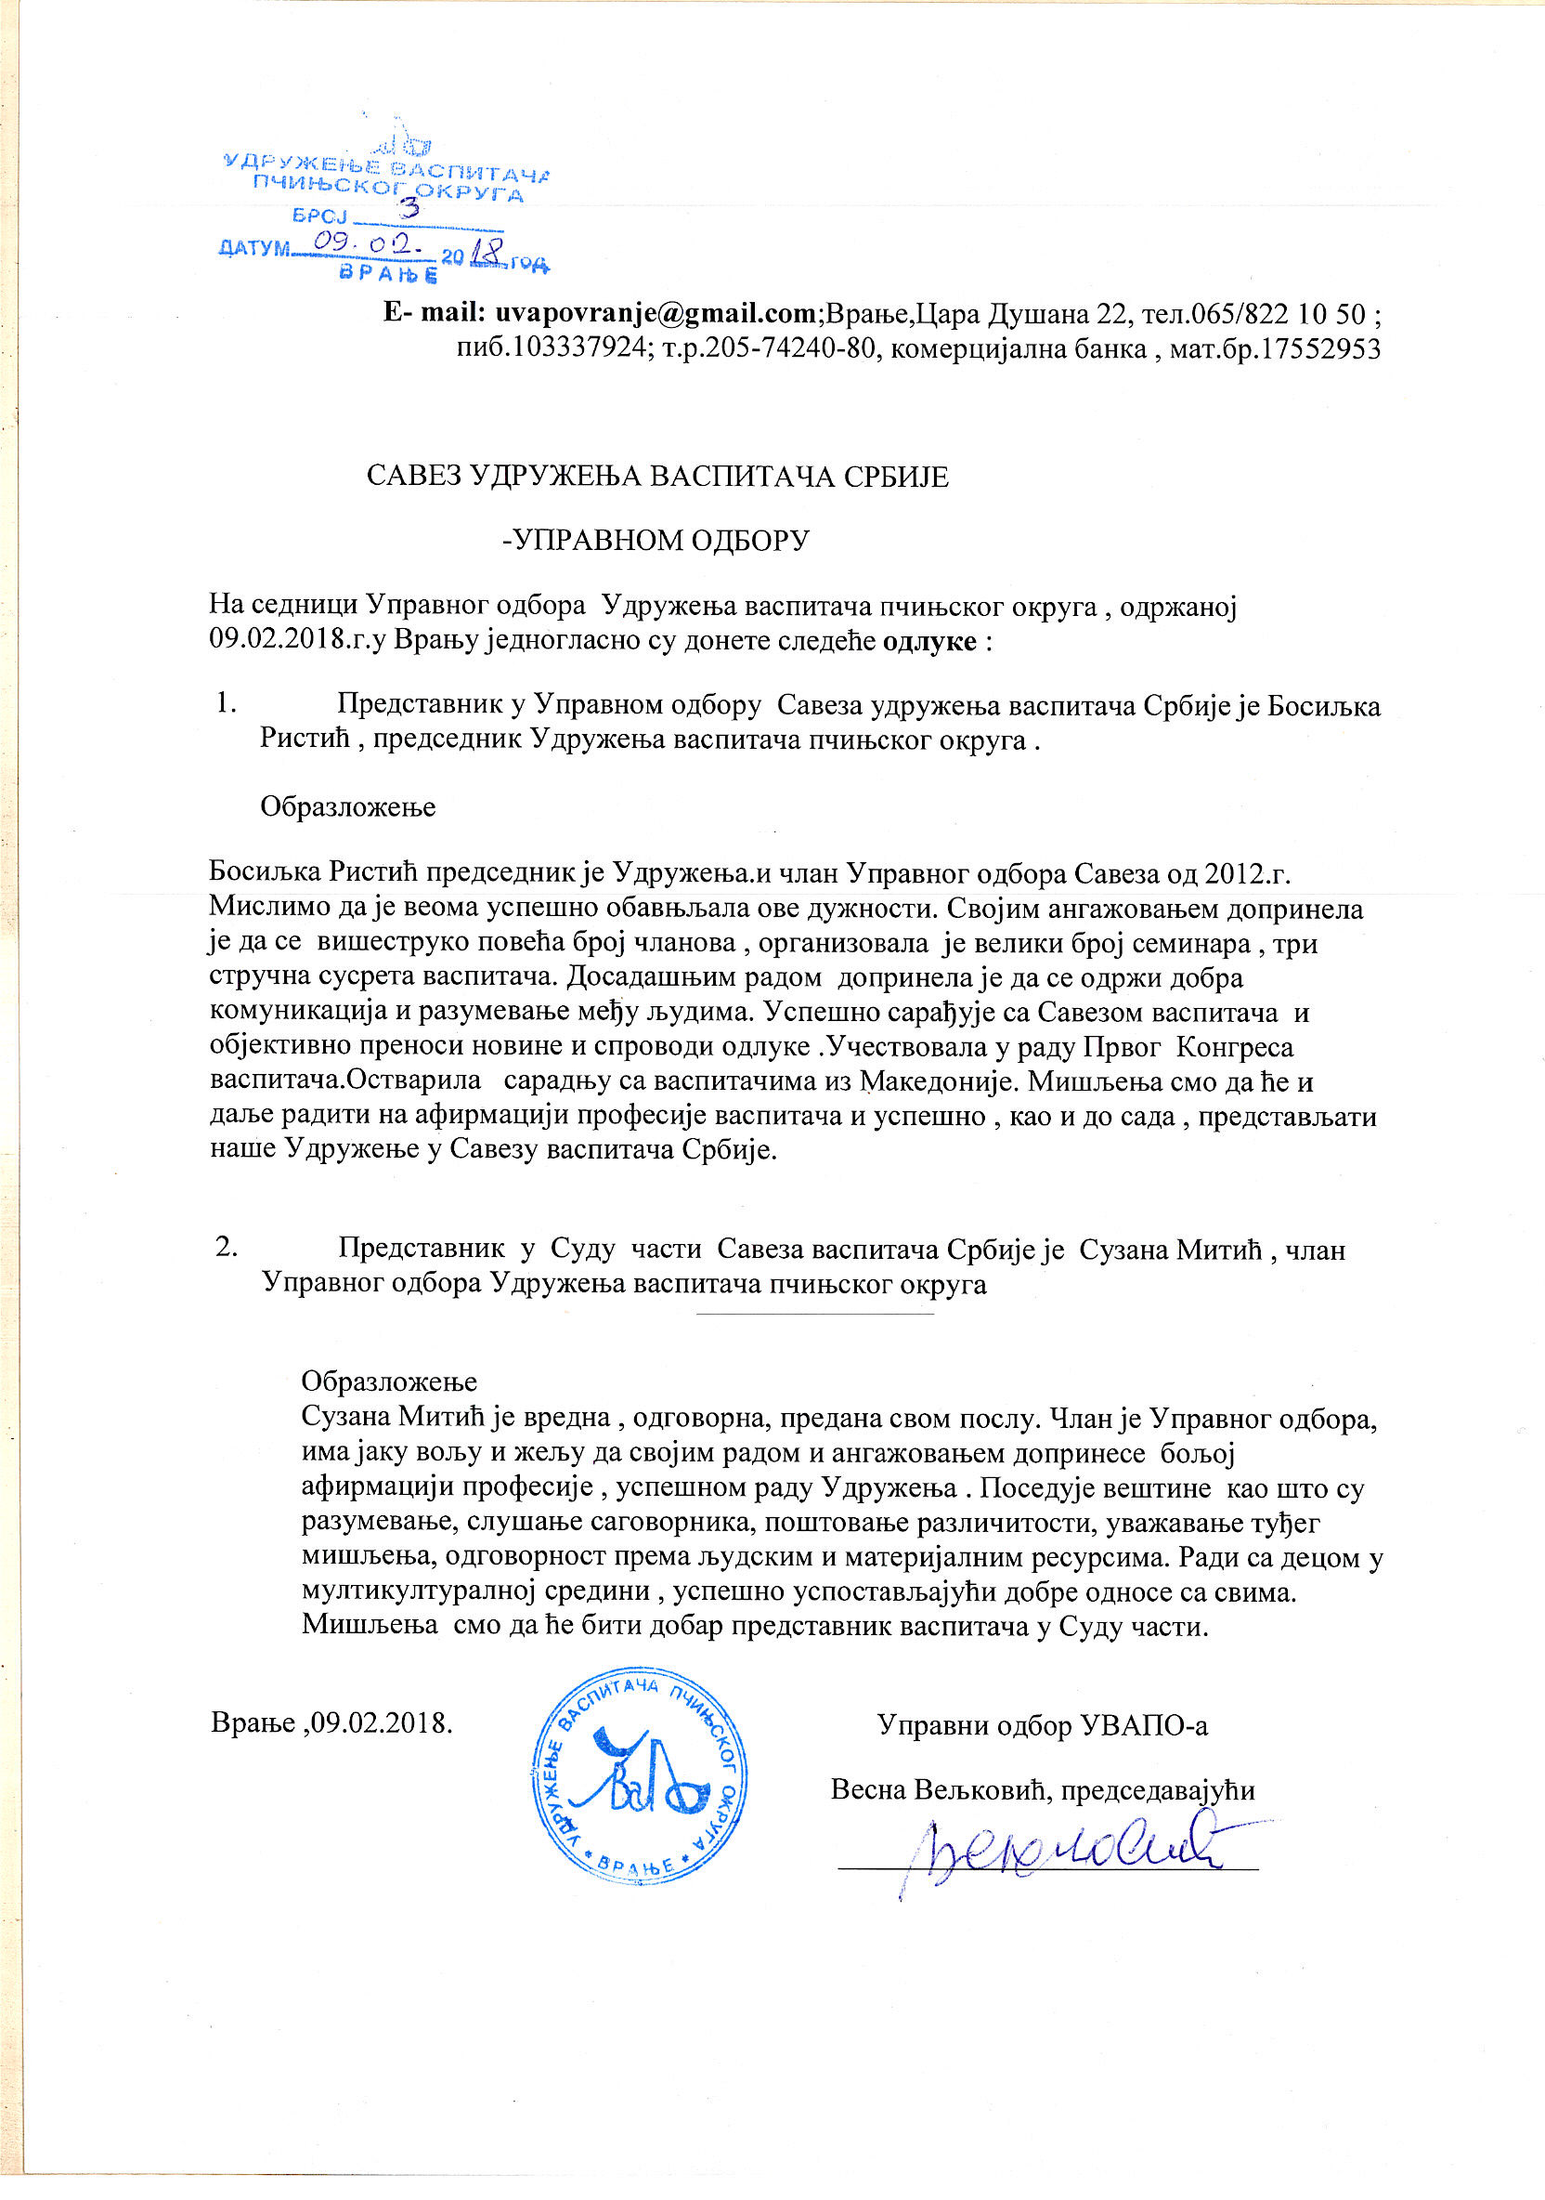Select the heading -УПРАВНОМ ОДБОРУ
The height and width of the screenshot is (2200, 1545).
click(x=656, y=541)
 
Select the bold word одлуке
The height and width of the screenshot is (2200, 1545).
click(x=928, y=640)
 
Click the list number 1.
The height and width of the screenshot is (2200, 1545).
click(x=226, y=703)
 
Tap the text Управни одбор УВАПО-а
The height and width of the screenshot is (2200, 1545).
click(x=1042, y=1724)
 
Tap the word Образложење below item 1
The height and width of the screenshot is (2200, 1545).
click(x=347, y=806)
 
